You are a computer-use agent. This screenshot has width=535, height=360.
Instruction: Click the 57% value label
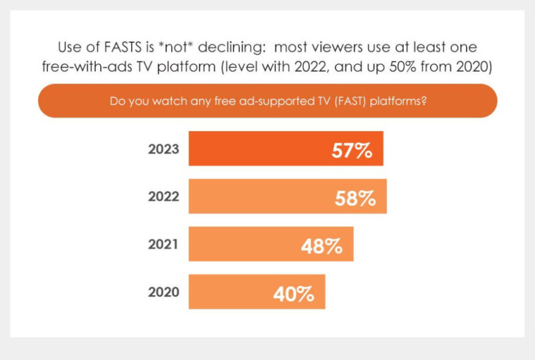coord(352,150)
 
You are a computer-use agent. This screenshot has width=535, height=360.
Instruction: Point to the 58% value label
coord(355,198)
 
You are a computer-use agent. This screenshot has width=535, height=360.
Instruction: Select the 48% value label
coord(322,246)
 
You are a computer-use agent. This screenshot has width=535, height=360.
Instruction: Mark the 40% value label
coord(294,294)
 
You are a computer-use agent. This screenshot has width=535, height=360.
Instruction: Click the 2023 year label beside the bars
coord(164,149)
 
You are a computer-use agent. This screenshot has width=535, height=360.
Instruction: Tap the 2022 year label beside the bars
coord(164,197)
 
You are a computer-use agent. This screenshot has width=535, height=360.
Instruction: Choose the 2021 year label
coord(164,244)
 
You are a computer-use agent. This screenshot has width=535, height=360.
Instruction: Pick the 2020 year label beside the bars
coord(164,292)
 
